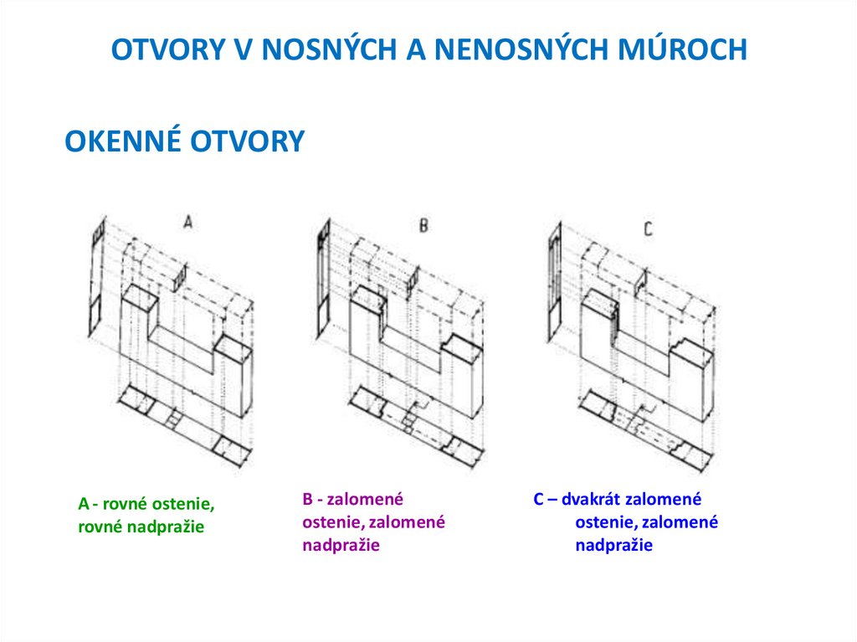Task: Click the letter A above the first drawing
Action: [188, 222]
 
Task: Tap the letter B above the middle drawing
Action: [423, 225]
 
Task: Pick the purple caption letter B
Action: [307, 500]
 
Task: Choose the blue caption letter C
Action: [538, 500]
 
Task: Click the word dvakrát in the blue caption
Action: [592, 500]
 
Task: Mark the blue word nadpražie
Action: [613, 546]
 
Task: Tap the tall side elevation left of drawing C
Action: [554, 285]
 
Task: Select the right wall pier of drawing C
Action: [691, 377]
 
